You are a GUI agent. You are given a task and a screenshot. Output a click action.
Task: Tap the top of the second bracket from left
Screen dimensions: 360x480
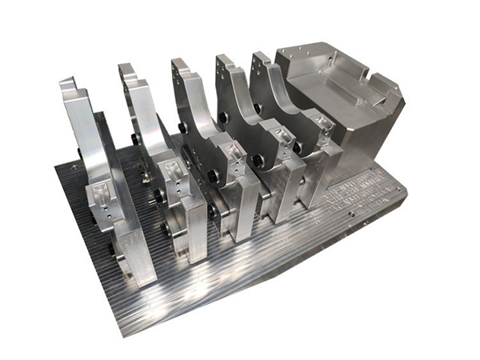pos(126,70)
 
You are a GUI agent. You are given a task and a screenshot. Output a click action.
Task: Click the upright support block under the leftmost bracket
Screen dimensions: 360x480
pos(132,256)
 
